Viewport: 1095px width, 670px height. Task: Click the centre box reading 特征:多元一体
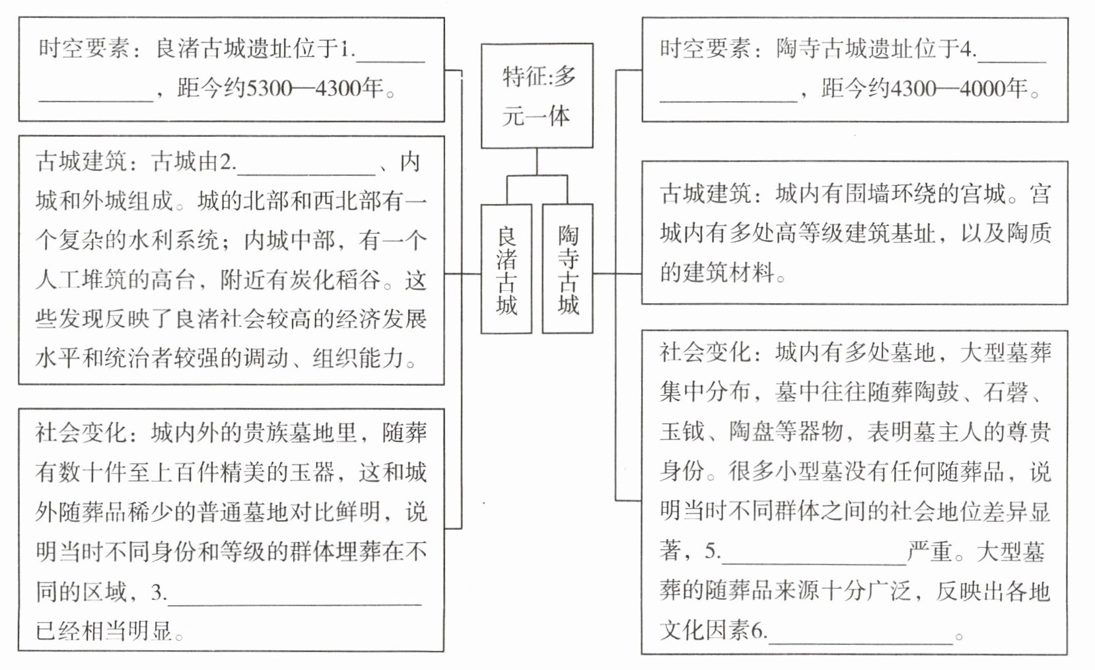click(536, 96)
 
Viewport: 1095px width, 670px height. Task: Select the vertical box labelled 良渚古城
click(507, 269)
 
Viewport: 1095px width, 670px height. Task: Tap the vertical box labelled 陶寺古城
click(567, 269)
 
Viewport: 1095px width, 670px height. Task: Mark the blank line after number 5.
click(814, 554)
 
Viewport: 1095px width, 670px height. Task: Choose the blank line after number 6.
click(861, 633)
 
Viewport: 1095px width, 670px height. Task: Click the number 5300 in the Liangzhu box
click(269, 88)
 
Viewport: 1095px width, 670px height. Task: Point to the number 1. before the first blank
click(348, 49)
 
